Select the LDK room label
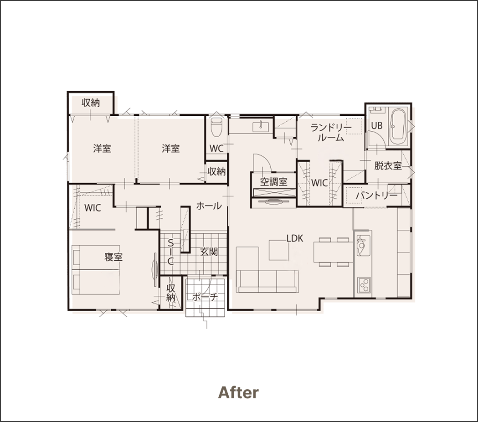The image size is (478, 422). pyautogui.click(x=295, y=238)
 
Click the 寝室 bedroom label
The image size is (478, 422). pyautogui.click(x=113, y=257)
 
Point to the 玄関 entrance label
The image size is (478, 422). pyautogui.click(x=209, y=252)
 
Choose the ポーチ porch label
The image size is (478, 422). pyautogui.click(x=205, y=297)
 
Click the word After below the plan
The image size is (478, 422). pyautogui.click(x=238, y=392)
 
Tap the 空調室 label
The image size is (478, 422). pyautogui.click(x=274, y=182)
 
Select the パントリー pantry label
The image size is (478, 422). pyautogui.click(x=377, y=196)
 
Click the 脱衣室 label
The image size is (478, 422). pyautogui.click(x=388, y=166)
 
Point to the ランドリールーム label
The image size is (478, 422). pyautogui.click(x=331, y=133)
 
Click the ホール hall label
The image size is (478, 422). pyautogui.click(x=209, y=206)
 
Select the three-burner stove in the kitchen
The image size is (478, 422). pyautogui.click(x=364, y=286)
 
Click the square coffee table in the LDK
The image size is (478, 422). pyautogui.click(x=278, y=250)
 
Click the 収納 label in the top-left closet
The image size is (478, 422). pyautogui.click(x=91, y=103)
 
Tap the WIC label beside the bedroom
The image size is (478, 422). pyautogui.click(x=93, y=208)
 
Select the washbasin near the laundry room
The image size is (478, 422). pyautogui.click(x=261, y=126)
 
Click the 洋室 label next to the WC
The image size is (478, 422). pyautogui.click(x=171, y=149)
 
